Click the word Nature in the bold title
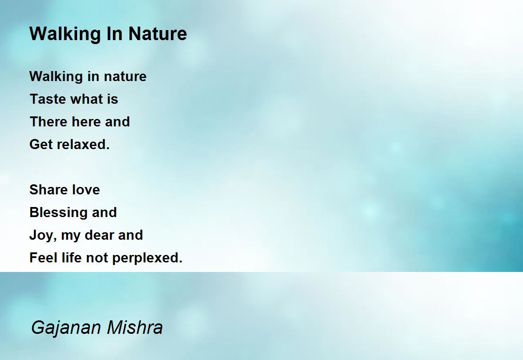pos(158,34)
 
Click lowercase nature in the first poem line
pos(125,76)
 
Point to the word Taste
pos(48,99)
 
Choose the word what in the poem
pos(87,99)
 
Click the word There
pos(48,122)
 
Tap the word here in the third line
pos(86,122)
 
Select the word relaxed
pos(83,144)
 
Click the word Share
pos(48,189)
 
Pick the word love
pos(86,189)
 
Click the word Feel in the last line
pos(44,258)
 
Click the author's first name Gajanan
pos(66,328)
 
